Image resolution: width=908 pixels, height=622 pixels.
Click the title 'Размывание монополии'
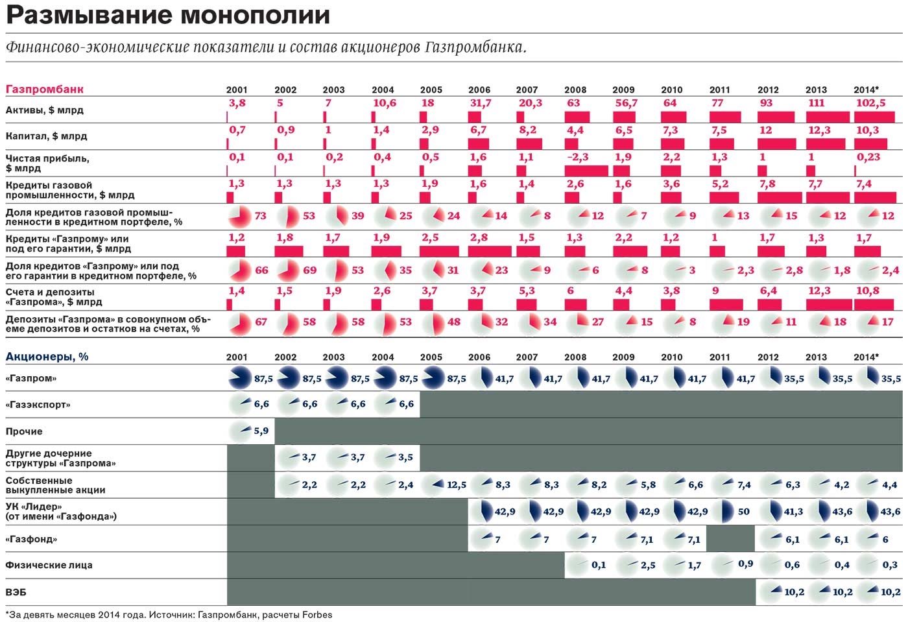[x=168, y=16]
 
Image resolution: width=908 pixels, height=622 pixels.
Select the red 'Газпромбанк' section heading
[x=45, y=90]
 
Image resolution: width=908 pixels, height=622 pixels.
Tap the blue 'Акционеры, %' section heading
[x=47, y=357]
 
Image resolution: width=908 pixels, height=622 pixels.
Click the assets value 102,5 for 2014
[x=870, y=103]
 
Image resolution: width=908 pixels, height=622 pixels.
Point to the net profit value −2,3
[x=577, y=157]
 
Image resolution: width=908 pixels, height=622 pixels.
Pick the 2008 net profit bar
[x=586, y=171]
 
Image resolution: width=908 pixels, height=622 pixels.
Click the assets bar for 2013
[x=828, y=117]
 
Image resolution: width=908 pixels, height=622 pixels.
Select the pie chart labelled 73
[x=239, y=217]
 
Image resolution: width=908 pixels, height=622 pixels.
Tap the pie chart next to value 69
[x=288, y=270]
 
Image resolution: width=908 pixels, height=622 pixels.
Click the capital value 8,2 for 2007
[x=527, y=130]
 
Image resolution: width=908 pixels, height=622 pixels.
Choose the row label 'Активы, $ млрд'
[x=45, y=110]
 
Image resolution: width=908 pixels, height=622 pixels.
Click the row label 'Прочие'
[x=24, y=431]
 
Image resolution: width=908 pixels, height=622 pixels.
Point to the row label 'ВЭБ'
[x=16, y=592]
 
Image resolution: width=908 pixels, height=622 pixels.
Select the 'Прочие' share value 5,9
[x=261, y=431]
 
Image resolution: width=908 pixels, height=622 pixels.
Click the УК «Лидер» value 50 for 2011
[x=743, y=512]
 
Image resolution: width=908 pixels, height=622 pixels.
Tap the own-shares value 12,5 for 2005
[x=457, y=485]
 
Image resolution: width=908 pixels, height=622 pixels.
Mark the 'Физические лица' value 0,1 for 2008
[x=598, y=565]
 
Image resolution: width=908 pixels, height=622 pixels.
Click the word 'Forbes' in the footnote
[x=317, y=615]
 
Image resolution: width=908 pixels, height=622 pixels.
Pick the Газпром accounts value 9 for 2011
[x=715, y=291]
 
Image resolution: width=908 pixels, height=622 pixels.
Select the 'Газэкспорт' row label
[x=38, y=405]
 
